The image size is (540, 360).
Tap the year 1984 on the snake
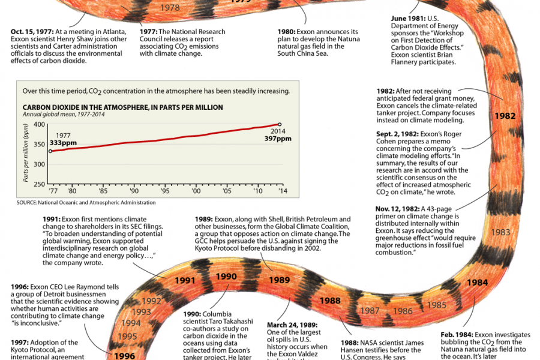pyautogui.click(x=477, y=283)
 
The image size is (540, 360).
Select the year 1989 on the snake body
pyautogui.click(x=279, y=280)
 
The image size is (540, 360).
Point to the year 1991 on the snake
pyautogui.click(x=185, y=280)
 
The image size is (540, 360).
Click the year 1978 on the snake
pyautogui.click(x=171, y=8)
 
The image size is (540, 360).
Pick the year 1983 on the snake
pyautogui.click(x=500, y=232)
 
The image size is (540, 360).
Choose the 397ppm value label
pyautogui.click(x=277, y=139)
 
